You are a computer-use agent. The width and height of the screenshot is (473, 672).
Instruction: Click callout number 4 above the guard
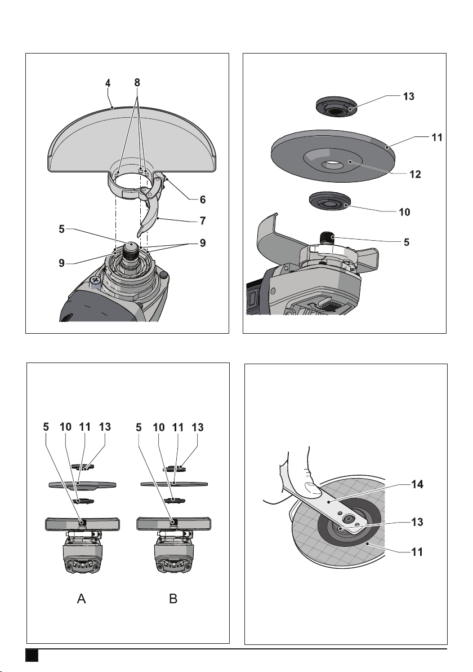(109, 83)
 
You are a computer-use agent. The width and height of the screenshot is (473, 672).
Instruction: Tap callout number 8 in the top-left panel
(137, 82)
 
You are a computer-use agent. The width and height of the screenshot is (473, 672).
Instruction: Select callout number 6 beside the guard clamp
(203, 199)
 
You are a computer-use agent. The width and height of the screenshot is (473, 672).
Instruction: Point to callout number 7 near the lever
(203, 221)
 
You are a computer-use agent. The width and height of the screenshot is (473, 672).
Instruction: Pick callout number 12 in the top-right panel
(415, 174)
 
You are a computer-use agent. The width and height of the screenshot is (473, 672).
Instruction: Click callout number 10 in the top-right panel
(404, 212)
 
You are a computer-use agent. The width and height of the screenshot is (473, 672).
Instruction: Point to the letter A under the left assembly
(81, 598)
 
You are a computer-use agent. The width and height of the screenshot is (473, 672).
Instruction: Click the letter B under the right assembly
(173, 598)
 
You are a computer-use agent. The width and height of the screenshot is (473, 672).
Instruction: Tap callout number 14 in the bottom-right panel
(417, 484)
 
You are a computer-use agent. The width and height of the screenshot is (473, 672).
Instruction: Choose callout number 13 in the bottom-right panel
(417, 522)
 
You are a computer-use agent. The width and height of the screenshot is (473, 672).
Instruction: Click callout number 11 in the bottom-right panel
(417, 552)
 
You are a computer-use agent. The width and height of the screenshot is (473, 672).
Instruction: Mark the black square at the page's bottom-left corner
(32, 655)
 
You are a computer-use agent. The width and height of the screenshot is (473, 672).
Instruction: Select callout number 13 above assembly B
(197, 427)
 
